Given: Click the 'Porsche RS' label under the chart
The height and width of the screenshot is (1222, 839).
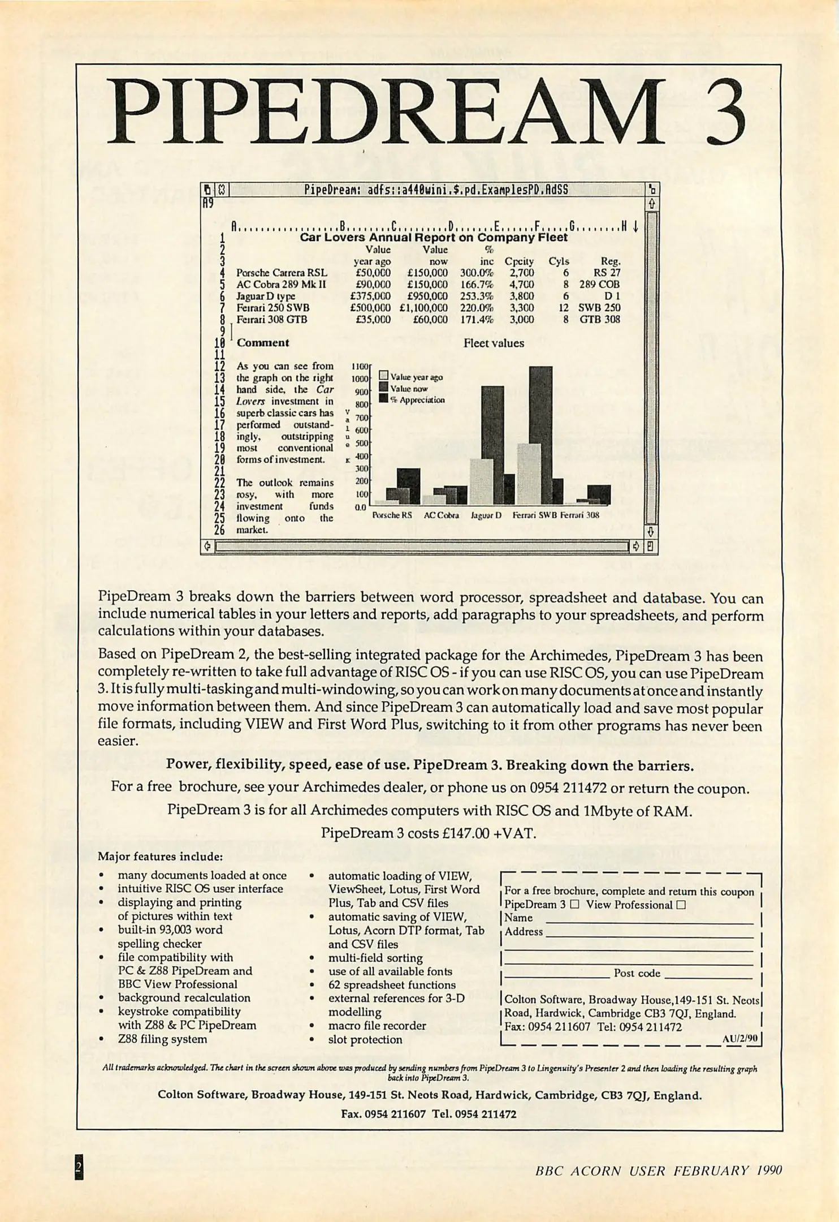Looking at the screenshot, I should tap(392, 515).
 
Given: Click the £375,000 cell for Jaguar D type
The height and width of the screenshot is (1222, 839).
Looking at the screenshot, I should tap(370, 296).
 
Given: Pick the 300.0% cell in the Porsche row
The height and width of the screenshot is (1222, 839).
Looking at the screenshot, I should tap(479, 273).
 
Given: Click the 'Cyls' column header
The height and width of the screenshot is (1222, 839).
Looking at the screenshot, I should tap(559, 261).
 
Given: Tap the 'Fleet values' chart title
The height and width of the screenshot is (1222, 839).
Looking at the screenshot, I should tap(494, 343).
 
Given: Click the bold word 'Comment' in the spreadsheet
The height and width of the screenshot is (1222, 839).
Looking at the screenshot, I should tap(263, 343).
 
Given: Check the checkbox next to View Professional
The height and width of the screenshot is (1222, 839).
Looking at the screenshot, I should tap(681, 905).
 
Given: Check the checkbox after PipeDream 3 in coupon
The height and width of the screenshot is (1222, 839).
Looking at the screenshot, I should tap(575, 905).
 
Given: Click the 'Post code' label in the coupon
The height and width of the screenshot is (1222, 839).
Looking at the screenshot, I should tap(637, 973).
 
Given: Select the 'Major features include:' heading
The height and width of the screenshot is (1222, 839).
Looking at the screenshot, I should tap(161, 856).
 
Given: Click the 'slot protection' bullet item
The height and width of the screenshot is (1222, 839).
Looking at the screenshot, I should tap(365, 1039).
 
